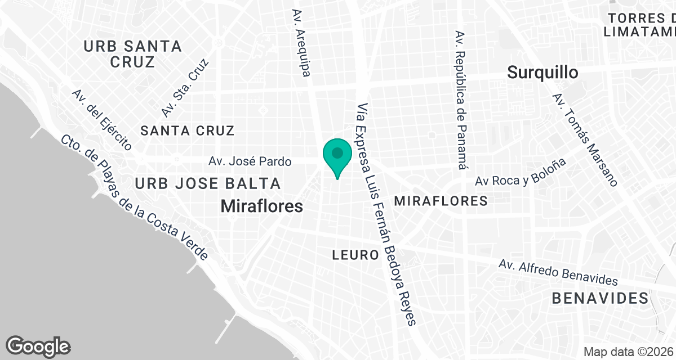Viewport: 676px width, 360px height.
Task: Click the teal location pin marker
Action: (x=337, y=155)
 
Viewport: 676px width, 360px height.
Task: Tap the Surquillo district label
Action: (x=542, y=73)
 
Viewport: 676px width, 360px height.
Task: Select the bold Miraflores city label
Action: (x=261, y=206)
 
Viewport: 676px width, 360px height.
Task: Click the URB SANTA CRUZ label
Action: (x=132, y=54)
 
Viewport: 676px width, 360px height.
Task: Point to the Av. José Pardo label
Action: (x=250, y=162)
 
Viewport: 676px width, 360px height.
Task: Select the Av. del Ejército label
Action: (x=102, y=120)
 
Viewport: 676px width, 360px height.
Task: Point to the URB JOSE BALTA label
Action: (x=207, y=183)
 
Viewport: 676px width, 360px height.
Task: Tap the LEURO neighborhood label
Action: (x=355, y=255)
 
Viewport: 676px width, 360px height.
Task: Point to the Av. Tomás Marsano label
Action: (x=586, y=139)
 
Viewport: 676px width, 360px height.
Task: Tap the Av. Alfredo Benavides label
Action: (x=558, y=272)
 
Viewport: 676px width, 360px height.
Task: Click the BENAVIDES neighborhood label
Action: (x=600, y=298)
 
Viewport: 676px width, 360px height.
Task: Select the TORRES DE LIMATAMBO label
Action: (x=641, y=25)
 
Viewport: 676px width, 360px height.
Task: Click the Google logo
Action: (x=38, y=346)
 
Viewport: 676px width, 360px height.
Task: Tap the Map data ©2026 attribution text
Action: (x=629, y=352)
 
